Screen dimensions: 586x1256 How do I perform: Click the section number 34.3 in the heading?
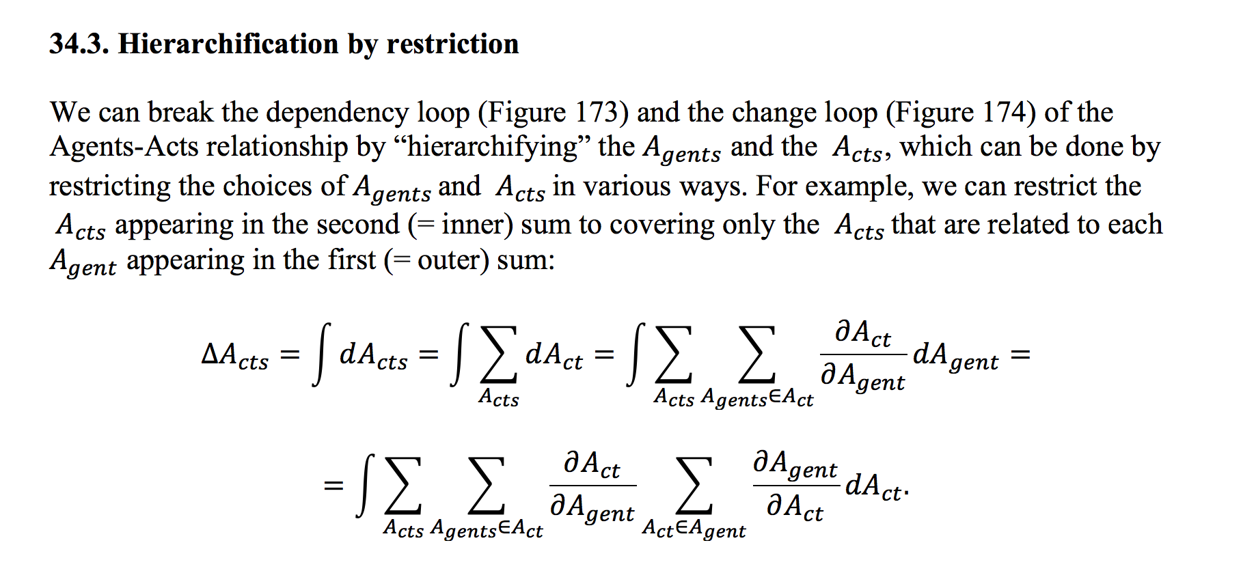[79, 44]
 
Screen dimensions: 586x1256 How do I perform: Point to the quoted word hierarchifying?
[492, 147]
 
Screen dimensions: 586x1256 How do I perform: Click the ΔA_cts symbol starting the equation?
[235, 355]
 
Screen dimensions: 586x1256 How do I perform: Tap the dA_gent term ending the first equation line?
[955, 356]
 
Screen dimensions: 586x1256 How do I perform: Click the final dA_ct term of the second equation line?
[875, 486]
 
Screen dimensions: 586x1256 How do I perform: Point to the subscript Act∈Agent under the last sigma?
[694, 529]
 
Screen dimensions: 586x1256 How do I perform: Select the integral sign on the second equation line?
[366, 485]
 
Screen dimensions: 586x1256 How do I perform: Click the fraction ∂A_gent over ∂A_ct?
[795, 486]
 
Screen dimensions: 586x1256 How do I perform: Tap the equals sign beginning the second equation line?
[333, 486]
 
